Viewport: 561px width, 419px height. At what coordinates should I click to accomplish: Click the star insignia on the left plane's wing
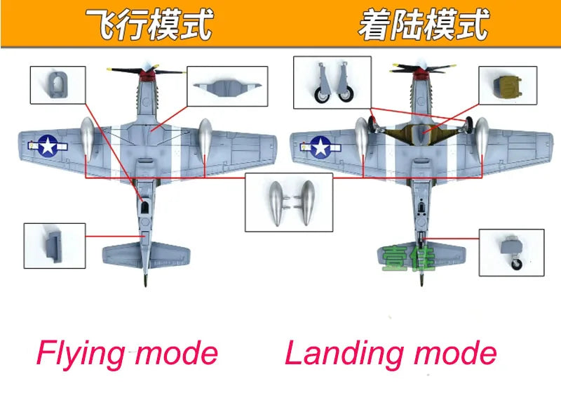pyautogui.click(x=48, y=145)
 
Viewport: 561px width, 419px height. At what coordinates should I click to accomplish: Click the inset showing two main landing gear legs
pyautogui.click(x=332, y=83)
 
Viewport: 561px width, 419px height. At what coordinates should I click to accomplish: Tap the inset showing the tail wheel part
pyautogui.click(x=511, y=252)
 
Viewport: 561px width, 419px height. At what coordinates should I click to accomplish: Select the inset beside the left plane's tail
pyautogui.click(x=54, y=245)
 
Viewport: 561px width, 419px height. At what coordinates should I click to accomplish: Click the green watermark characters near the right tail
pyautogui.click(x=409, y=258)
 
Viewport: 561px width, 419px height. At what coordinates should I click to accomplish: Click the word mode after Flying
pyautogui.click(x=175, y=353)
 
